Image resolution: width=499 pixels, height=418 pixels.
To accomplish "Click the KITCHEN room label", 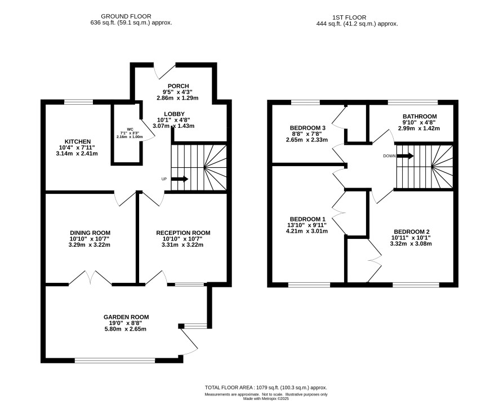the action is click(x=78, y=141).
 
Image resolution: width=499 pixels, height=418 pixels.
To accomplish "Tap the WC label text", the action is click(x=130, y=129).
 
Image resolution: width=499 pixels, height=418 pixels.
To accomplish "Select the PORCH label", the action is click(x=178, y=86).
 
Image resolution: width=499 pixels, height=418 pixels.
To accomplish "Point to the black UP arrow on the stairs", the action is click(x=180, y=179).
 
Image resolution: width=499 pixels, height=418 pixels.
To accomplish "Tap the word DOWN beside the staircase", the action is click(x=389, y=156).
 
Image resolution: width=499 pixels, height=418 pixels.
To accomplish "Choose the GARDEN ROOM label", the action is click(x=126, y=317).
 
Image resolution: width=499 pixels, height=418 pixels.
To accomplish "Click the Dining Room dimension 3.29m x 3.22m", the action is click(x=90, y=245).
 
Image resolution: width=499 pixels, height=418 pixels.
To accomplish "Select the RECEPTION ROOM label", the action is click(x=183, y=233).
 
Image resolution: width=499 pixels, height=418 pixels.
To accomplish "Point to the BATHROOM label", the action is click(x=420, y=117).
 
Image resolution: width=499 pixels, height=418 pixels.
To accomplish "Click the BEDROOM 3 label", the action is click(x=308, y=128).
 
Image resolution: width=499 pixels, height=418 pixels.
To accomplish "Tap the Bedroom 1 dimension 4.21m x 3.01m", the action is click(x=307, y=231).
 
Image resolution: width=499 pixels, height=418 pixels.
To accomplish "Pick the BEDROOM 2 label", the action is click(x=412, y=232).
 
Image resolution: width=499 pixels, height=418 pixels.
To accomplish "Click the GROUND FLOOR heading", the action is click(x=126, y=16).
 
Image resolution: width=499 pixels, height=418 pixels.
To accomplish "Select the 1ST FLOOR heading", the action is click(x=349, y=17).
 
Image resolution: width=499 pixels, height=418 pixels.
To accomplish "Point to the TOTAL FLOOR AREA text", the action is click(x=266, y=388).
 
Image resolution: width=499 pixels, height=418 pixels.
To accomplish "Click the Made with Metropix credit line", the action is click(x=266, y=399).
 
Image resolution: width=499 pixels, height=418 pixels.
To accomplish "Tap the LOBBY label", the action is click(x=174, y=114).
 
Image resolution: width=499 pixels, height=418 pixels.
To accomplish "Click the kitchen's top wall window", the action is click(x=79, y=102).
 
